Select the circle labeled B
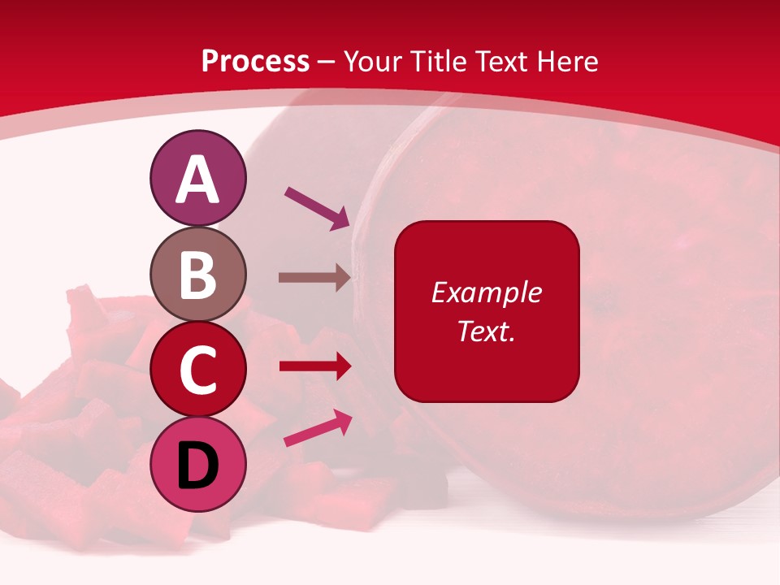coord(197,275)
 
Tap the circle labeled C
coord(197,370)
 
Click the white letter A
coord(198,180)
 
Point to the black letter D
coord(198,466)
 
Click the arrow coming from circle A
coord(317,207)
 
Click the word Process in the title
coord(255,62)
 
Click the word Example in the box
coord(486,292)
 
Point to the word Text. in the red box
coord(486,331)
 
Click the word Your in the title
coord(373,62)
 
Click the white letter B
coord(198,275)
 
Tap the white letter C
coord(198,370)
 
